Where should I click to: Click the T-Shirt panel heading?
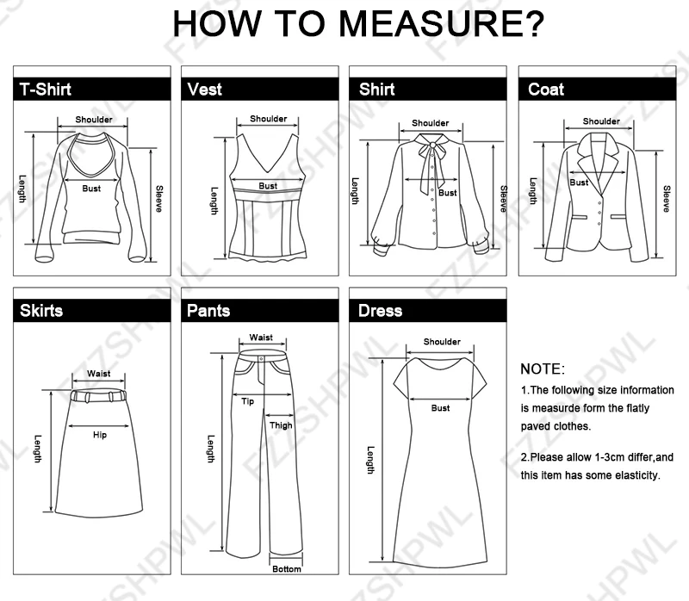tap(46, 90)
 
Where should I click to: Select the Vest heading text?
tap(204, 90)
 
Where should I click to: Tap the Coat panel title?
tap(546, 90)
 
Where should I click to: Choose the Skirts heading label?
tap(41, 311)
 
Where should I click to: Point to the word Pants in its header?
tap(208, 311)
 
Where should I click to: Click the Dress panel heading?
tap(380, 311)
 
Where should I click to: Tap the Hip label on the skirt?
tap(100, 435)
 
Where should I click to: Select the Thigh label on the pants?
tap(281, 425)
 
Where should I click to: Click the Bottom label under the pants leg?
tap(287, 569)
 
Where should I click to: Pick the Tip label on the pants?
tap(247, 401)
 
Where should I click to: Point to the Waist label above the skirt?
tap(98, 374)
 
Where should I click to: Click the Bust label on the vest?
tap(268, 186)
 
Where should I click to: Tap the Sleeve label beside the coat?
tap(667, 199)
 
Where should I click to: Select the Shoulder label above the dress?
tap(442, 341)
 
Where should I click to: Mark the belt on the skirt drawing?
tap(98, 395)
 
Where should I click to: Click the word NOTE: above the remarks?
tap(543, 369)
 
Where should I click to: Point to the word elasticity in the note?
tap(639, 475)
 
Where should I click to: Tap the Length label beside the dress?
tap(371, 460)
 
